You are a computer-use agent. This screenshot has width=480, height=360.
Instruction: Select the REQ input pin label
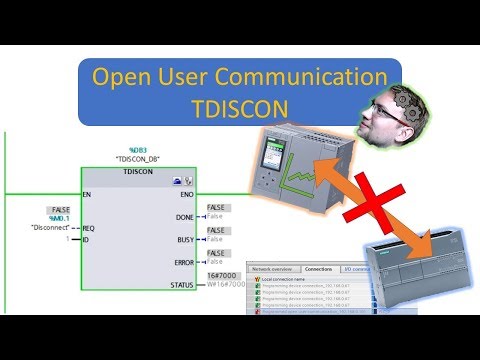coord(89,228)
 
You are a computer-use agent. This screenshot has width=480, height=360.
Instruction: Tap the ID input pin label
coord(86,240)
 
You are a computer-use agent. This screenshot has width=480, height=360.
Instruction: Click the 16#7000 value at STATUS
coord(219,275)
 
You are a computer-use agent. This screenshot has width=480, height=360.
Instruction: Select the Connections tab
coord(319,270)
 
